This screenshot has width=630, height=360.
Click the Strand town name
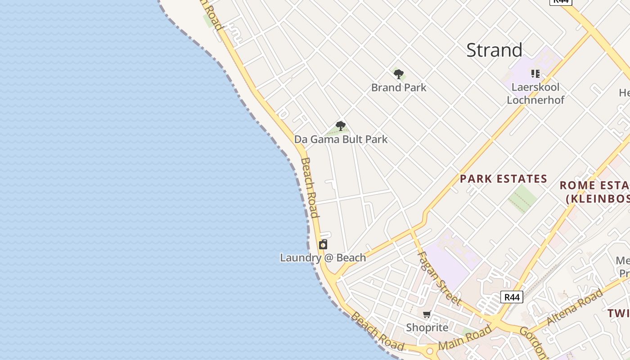(494, 50)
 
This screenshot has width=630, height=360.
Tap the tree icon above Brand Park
(398, 74)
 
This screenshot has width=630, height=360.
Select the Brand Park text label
(399, 87)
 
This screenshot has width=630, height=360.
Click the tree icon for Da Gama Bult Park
(341, 126)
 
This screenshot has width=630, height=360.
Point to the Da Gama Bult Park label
(341, 139)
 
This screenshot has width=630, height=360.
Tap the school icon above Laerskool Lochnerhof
(535, 73)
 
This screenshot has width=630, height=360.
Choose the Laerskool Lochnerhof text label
(535, 93)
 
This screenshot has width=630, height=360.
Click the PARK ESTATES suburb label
(503, 179)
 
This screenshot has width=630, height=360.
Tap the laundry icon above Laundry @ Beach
(323, 244)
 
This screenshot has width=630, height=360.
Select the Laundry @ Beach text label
(323, 258)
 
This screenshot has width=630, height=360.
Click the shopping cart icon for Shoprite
(427, 314)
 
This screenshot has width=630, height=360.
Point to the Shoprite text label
(427, 327)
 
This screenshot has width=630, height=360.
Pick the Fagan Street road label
(439, 278)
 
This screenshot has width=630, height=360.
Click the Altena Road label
(575, 307)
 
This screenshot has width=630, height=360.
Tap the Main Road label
(465, 337)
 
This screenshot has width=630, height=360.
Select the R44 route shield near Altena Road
(512, 297)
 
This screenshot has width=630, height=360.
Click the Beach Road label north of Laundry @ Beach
(310, 187)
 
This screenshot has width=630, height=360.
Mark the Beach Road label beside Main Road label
(377, 331)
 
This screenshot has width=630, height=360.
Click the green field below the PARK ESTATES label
(522, 198)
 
